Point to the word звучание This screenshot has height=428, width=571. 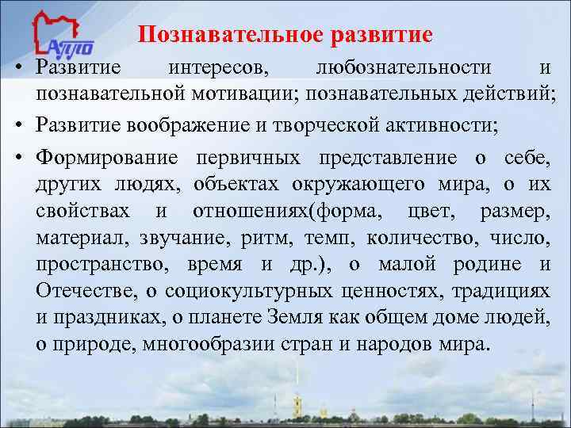click(178, 239)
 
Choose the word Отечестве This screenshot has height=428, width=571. click(82, 292)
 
